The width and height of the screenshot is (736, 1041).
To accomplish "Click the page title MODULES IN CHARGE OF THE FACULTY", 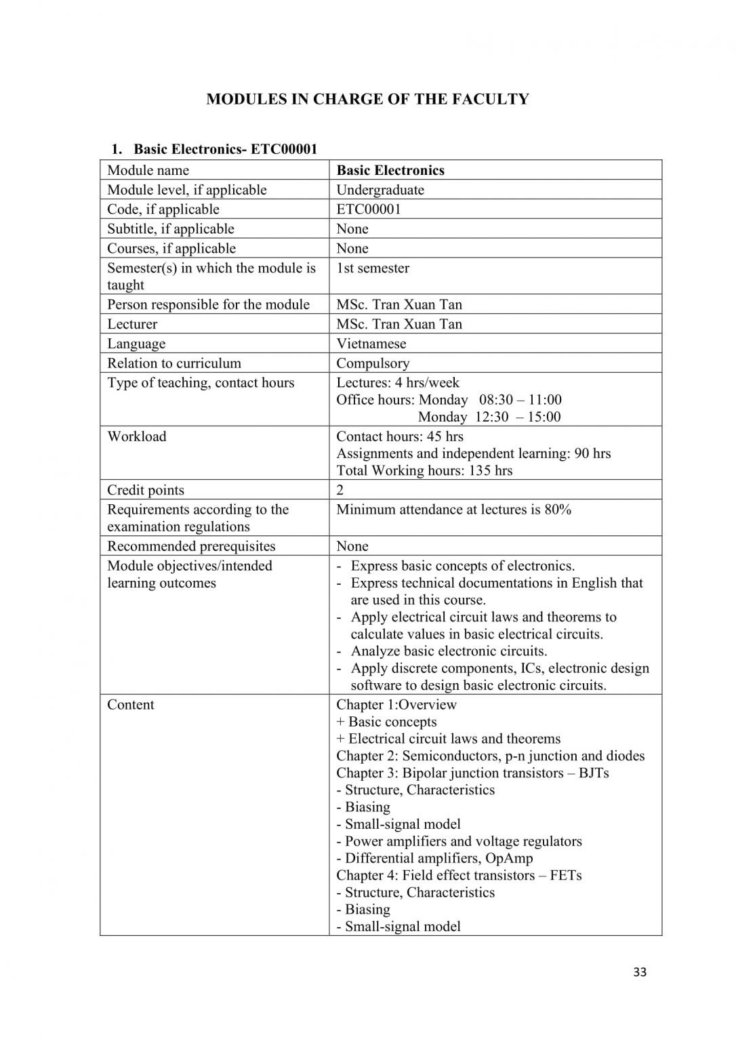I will point(367,99).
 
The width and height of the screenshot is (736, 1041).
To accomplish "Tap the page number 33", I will point(639,973).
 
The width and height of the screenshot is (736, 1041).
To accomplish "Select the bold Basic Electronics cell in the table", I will point(390,170).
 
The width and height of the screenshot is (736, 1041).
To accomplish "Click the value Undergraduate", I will point(380,190).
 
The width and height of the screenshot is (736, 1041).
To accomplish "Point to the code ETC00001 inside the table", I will point(369,209).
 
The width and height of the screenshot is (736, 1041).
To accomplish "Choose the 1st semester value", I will point(373,268).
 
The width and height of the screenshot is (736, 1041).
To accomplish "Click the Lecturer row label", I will point(132,324).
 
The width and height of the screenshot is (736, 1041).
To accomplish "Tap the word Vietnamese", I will point(371,344).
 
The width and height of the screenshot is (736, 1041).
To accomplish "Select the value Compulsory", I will point(373,363).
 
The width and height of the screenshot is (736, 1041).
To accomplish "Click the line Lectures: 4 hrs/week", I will point(398,383).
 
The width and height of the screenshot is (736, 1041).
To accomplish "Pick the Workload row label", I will point(136,436).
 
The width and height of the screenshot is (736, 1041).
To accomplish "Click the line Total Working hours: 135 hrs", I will point(424,470).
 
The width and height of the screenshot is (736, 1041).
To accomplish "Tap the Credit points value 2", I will point(340,490).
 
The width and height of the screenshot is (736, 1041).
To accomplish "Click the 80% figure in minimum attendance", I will point(558,510).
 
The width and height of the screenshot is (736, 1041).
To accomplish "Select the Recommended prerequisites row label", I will point(191,546).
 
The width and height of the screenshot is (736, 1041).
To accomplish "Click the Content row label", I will point(131,705).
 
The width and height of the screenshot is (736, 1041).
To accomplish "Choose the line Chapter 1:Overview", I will point(396,705).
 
